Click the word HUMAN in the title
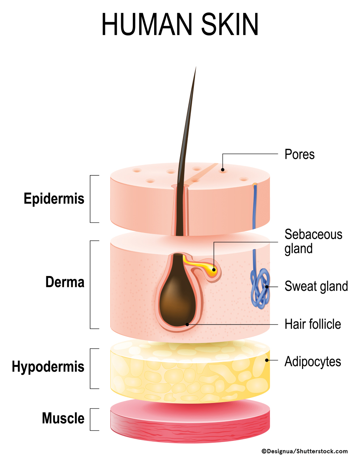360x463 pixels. click(148, 25)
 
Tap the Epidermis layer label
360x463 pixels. click(54, 199)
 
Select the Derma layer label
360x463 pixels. click(65, 282)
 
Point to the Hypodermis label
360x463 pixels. click(48, 367)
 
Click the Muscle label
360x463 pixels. click(63, 418)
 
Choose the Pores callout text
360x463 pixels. click(299, 154)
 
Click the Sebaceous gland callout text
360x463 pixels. click(313, 241)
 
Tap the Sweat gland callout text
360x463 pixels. click(316, 286)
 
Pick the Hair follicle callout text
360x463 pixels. click(313, 324)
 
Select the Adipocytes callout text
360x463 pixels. click(313, 361)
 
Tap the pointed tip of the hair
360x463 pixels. click(195, 68)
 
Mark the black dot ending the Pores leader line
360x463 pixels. click(223, 169)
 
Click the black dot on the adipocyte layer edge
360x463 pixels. click(267, 360)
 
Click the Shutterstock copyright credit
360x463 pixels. click(304, 451)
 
